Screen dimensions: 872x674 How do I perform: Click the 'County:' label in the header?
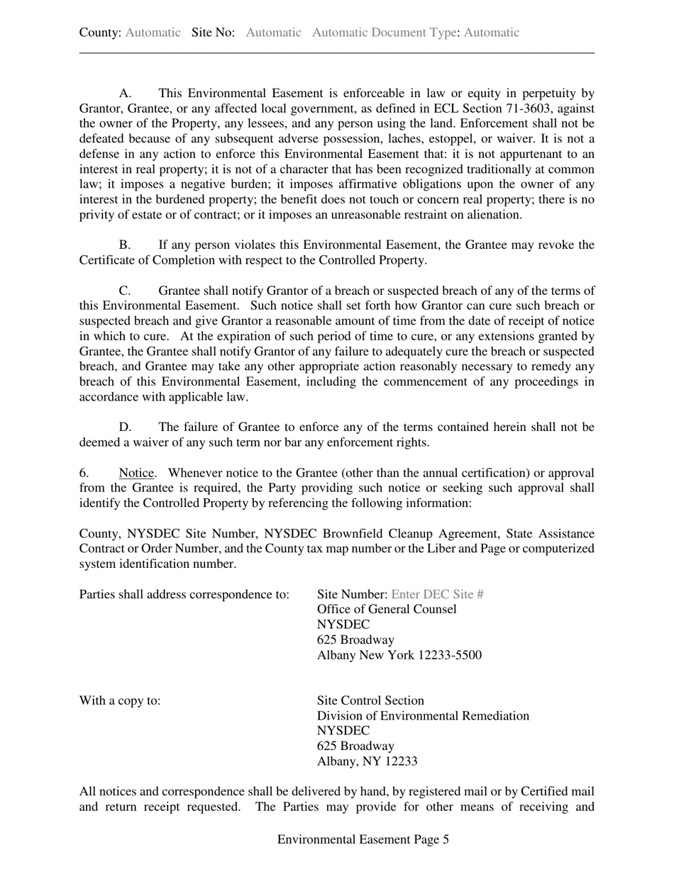click(x=100, y=33)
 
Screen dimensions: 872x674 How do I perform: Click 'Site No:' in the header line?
click(x=213, y=33)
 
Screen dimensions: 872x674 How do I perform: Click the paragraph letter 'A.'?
click(x=126, y=94)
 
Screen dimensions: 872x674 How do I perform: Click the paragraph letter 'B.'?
click(x=126, y=245)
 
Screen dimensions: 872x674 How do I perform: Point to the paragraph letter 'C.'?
click(x=126, y=291)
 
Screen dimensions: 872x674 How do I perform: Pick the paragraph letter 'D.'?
click(x=126, y=427)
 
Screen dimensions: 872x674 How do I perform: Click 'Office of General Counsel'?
click(x=387, y=610)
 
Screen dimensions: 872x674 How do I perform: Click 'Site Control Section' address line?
click(x=370, y=700)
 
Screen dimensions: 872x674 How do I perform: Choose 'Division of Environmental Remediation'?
click(x=423, y=716)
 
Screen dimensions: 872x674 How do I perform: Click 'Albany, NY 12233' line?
click(x=367, y=761)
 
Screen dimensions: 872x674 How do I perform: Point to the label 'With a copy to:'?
click(x=120, y=700)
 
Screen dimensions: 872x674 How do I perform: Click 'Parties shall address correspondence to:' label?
click(x=184, y=594)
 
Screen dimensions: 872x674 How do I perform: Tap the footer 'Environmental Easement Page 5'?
click(x=363, y=839)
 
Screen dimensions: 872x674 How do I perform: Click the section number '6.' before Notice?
click(x=84, y=473)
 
